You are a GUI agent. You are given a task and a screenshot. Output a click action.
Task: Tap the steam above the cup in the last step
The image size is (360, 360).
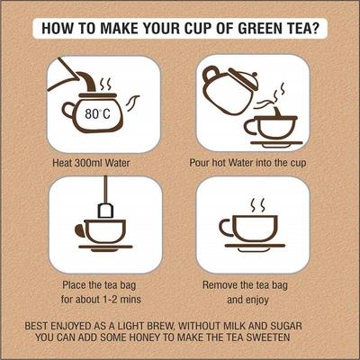click(x=258, y=205)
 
